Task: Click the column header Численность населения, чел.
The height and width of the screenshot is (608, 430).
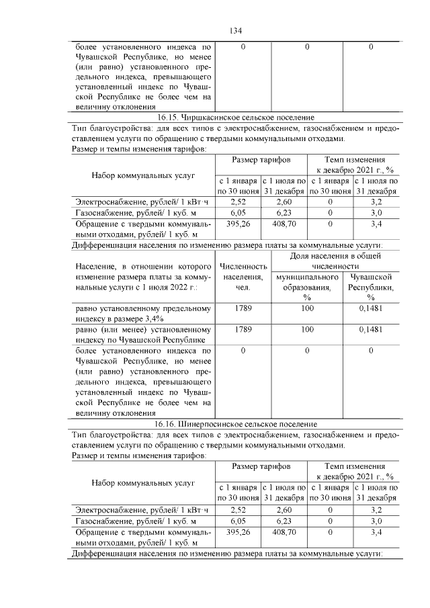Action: [243, 288]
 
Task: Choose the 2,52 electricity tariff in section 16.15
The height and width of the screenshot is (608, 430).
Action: [238, 202]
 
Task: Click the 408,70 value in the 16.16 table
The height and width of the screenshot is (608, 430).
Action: [284, 531]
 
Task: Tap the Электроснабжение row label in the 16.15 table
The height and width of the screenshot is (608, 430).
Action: [142, 202]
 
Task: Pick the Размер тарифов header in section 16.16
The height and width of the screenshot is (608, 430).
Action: [261, 465]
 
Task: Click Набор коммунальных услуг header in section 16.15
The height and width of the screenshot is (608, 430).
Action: [142, 175]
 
